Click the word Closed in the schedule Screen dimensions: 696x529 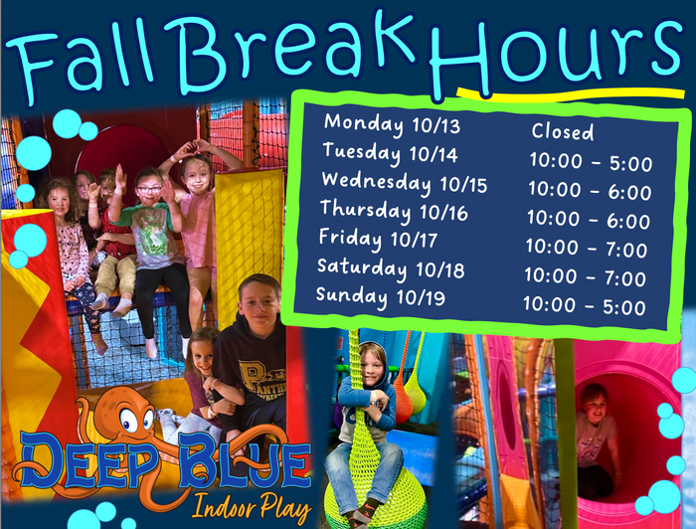tap(563, 132)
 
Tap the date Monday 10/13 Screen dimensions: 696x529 tap(392, 124)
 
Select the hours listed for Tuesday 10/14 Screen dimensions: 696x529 tap(591, 163)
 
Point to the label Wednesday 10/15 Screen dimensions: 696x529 tap(405, 183)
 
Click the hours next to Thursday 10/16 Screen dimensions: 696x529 tap(589, 220)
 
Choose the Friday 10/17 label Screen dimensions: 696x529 tap(378, 239)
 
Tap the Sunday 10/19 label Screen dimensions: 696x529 tap(381, 296)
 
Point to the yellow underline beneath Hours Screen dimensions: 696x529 tap(571, 94)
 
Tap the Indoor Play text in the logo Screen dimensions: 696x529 tap(252, 507)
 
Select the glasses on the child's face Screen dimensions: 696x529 tap(149, 190)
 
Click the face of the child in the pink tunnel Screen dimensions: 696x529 tap(595, 405)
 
